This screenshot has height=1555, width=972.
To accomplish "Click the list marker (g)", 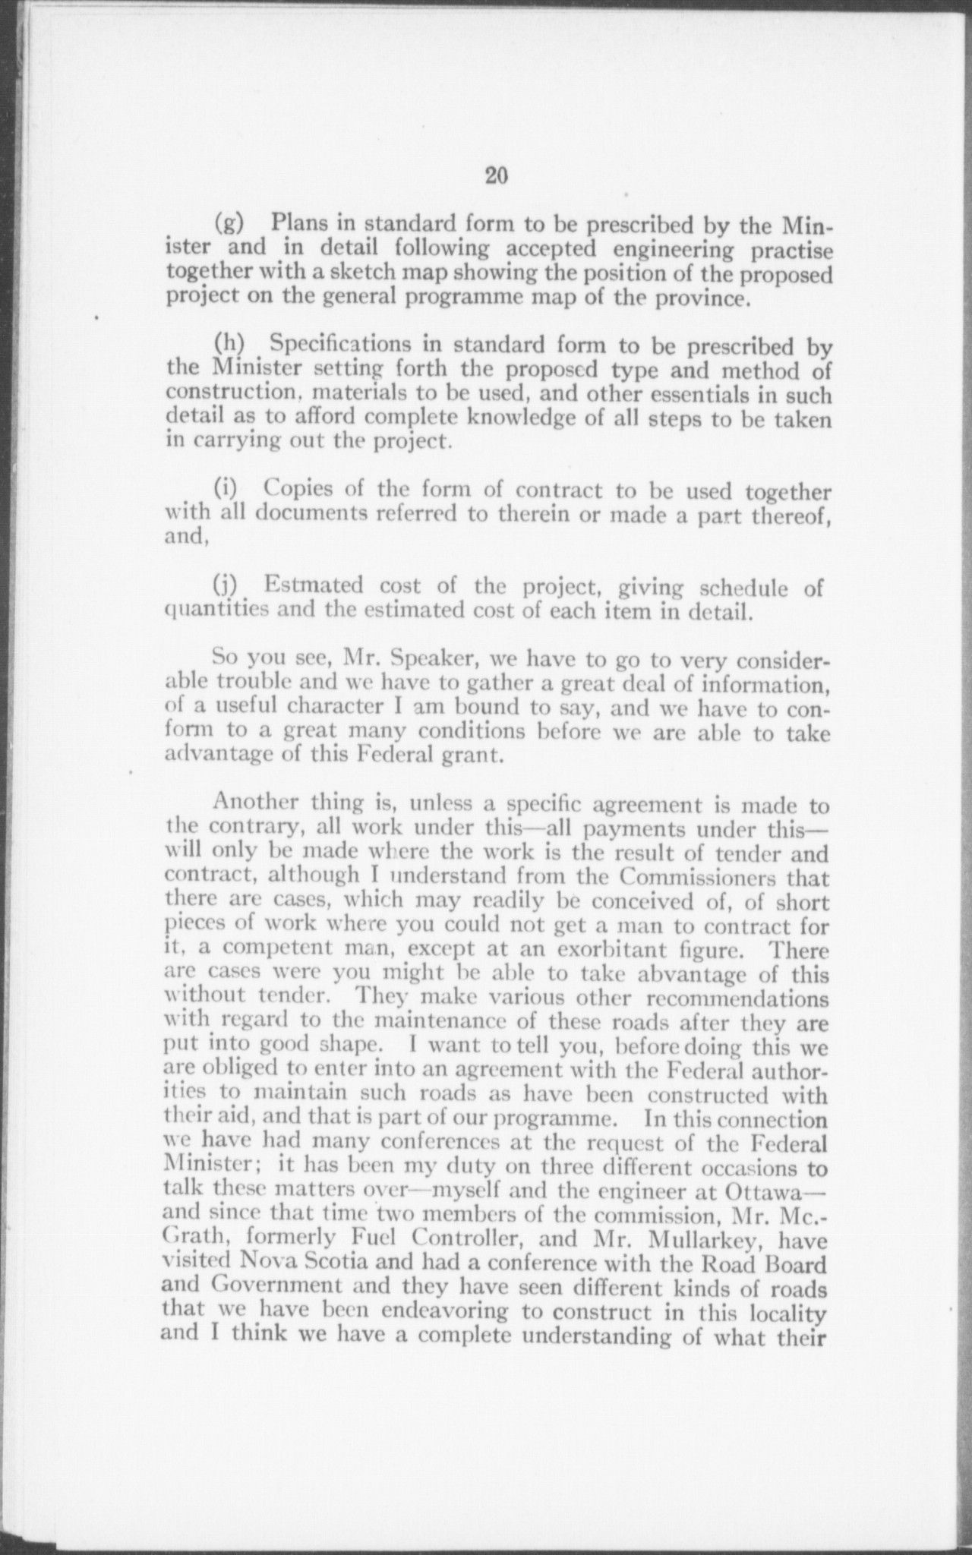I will pyautogui.click(x=229, y=224).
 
